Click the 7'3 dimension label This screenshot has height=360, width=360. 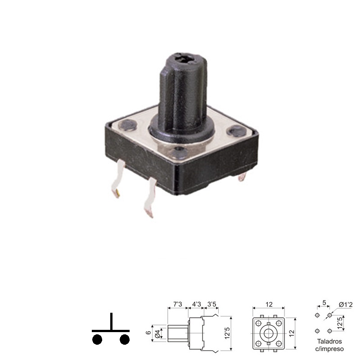click(x=177, y=304)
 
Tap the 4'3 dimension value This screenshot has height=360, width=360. click(x=196, y=304)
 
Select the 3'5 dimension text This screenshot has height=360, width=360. click(x=211, y=304)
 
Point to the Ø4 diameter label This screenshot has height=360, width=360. click(x=157, y=333)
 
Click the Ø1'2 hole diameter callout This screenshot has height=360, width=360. click(x=346, y=305)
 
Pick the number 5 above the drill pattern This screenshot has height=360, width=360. click(x=324, y=302)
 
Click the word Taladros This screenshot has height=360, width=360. click(x=329, y=342)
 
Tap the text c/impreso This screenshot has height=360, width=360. click(x=329, y=349)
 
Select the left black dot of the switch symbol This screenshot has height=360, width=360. click(x=97, y=340)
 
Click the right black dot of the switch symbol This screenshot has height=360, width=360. click(x=125, y=340)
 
